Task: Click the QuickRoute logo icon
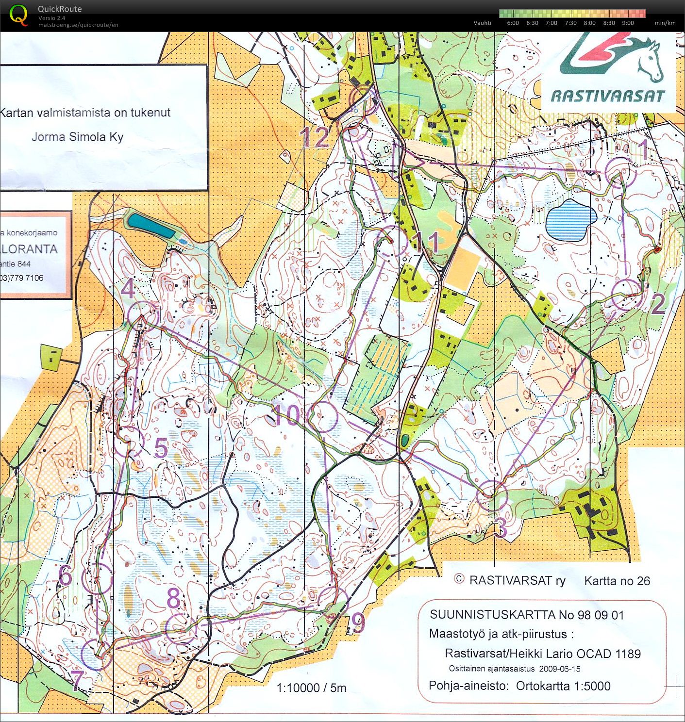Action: coord(18,15)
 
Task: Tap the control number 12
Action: coord(316,137)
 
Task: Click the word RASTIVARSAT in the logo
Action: coord(607,96)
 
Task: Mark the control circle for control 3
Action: coord(492,495)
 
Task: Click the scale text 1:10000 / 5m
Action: coord(311,688)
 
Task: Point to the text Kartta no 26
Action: coord(617,581)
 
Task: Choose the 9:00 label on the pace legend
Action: coord(628,23)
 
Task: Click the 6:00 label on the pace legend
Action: coord(513,23)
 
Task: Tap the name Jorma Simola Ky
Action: coord(77,137)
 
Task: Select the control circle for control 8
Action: coord(181,628)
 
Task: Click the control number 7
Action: coord(77,680)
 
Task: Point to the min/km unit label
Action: coord(665,23)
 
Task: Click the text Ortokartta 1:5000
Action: coord(563,686)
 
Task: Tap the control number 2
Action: coord(658,304)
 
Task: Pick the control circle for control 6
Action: coord(97,578)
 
